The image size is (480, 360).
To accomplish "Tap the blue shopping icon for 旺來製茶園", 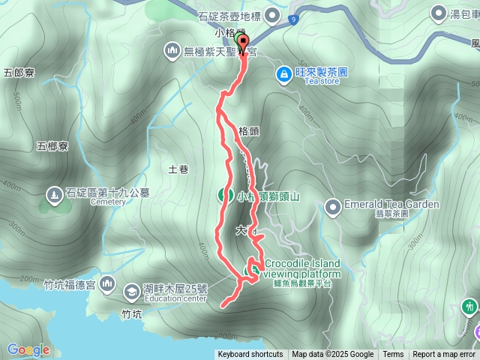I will [284, 73].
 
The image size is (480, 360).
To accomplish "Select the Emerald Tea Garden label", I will [379, 204].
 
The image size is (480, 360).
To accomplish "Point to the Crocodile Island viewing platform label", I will [301, 268].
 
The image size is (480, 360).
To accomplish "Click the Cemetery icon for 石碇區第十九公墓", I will [55, 196].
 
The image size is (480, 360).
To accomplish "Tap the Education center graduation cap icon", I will [131, 290].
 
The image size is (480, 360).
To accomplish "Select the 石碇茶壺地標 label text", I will [228, 16].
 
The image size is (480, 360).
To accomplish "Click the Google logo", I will [28, 349].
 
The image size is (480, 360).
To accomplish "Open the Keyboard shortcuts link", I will [250, 355].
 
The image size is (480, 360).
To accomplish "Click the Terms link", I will [393, 355].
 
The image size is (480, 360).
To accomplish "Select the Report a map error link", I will [444, 355].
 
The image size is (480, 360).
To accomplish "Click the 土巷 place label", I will [178, 169].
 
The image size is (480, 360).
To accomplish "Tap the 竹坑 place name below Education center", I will [131, 314].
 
